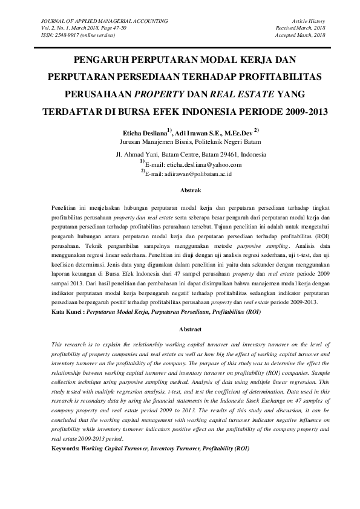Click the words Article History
pyautogui.click(x=309, y=21)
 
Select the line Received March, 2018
pyautogui.click(x=301, y=28)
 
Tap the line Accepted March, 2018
pyautogui.click(x=301, y=35)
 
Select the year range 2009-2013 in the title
pyautogui.click(x=284, y=112)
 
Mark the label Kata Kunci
pyautogui.click(x=67, y=314)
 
